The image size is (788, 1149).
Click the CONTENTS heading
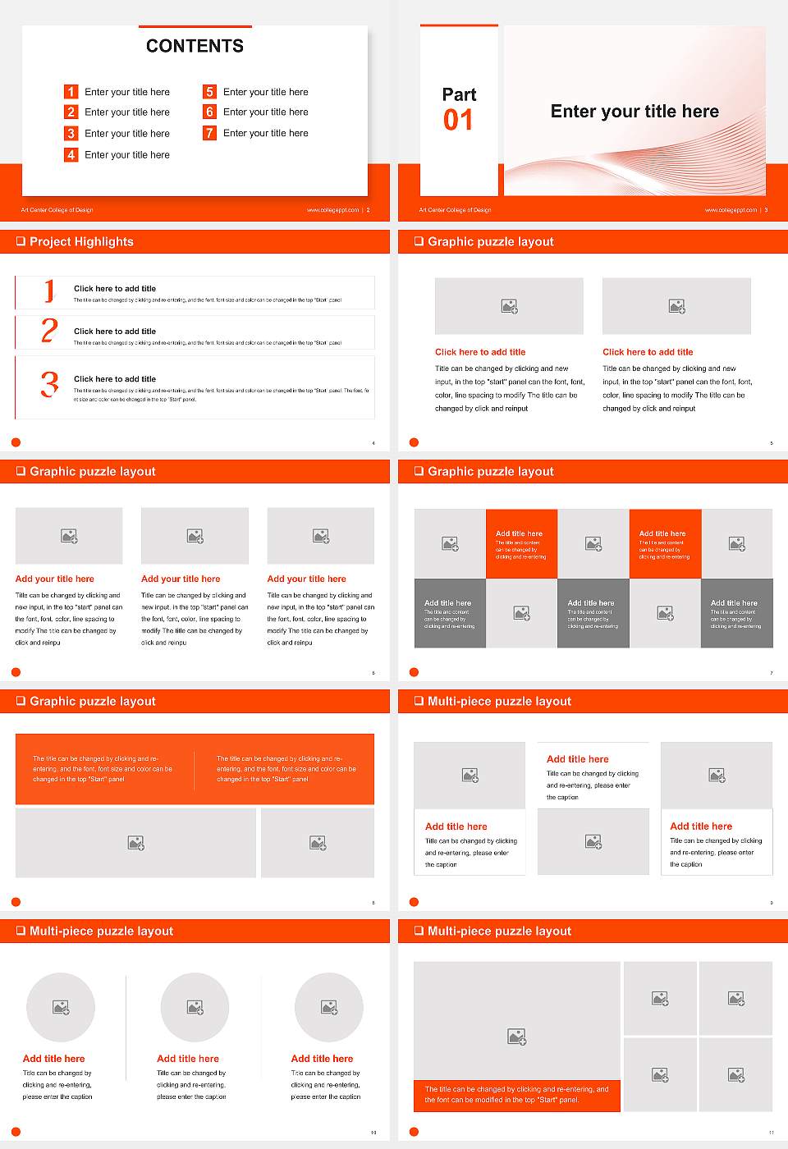(195, 46)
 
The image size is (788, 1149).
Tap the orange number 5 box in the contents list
(209, 92)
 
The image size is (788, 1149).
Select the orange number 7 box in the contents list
(209, 133)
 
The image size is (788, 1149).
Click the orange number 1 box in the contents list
(71, 92)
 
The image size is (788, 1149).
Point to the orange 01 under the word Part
(458, 121)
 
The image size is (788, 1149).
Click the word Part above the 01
(459, 94)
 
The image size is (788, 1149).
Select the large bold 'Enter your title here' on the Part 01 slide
(635, 112)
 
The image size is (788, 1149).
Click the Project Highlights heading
(81, 242)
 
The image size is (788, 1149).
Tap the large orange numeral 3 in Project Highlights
(49, 384)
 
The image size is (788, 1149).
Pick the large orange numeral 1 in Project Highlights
(49, 291)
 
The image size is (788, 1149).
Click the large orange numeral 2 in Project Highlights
(49, 331)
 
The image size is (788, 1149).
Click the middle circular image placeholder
(195, 1007)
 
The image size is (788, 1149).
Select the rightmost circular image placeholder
(328, 1007)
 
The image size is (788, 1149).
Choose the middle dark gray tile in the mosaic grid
(593, 613)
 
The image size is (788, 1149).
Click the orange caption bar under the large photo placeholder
(516, 1095)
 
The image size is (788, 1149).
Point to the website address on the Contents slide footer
(332, 210)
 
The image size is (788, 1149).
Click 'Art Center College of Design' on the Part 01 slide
(455, 210)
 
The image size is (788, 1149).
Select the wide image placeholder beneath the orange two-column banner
(136, 843)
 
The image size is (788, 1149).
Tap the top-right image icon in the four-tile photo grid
(736, 998)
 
